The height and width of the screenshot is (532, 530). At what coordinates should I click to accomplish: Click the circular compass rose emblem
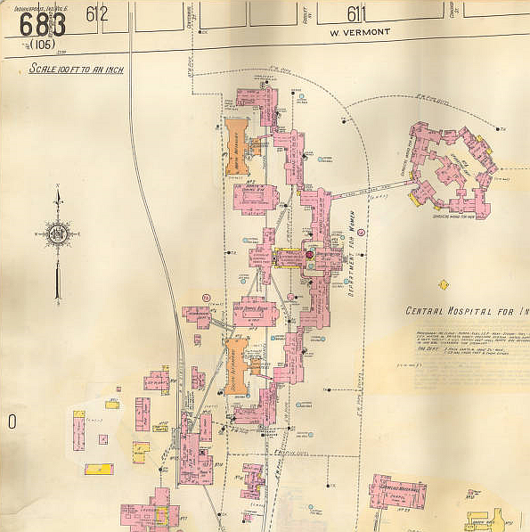click(x=58, y=233)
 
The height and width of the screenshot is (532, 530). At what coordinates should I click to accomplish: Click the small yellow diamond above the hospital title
click(x=444, y=285)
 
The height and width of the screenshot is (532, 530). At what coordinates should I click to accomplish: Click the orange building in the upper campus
click(x=236, y=145)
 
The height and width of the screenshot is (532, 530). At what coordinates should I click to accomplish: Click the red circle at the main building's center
click(x=310, y=255)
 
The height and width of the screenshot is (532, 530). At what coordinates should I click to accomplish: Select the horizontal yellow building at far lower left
click(x=99, y=469)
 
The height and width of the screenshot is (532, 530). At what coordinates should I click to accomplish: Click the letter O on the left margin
click(x=12, y=422)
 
